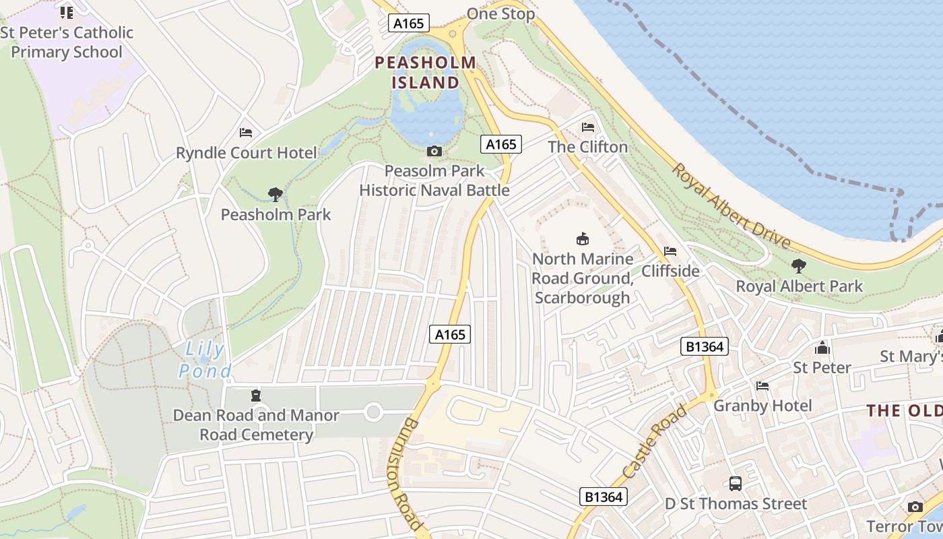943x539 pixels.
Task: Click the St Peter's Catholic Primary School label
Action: tap(67, 42)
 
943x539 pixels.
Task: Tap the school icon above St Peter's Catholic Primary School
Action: tap(67, 12)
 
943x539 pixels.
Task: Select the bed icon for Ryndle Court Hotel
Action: tap(246, 133)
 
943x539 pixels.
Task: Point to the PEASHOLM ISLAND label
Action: tap(425, 73)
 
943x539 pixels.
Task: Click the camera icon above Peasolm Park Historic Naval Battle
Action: tap(434, 151)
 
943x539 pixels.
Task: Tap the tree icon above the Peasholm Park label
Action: tap(275, 195)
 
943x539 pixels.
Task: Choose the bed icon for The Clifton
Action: tap(588, 127)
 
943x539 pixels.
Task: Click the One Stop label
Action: tap(500, 13)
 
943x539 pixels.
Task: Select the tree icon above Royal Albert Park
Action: tap(799, 266)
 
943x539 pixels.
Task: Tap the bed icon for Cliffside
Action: tap(670, 251)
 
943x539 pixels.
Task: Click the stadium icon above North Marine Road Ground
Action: tap(582, 239)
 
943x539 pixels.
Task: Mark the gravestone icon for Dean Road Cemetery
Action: tap(256, 395)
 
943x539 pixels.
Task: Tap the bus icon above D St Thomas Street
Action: tap(735, 483)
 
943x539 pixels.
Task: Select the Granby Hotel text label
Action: tap(762, 406)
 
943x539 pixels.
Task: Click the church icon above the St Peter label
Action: tap(822, 348)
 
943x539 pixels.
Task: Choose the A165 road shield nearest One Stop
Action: tap(409, 24)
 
